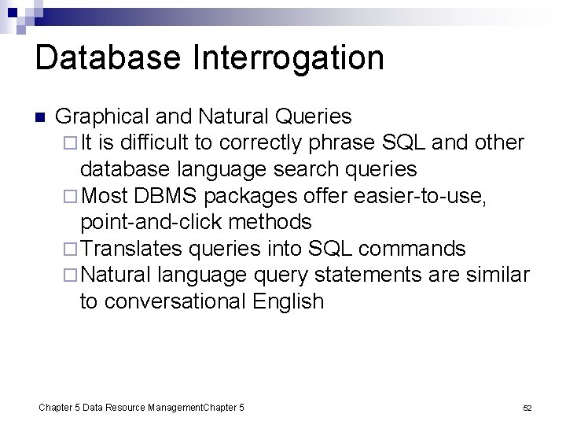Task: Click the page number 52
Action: (x=527, y=408)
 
